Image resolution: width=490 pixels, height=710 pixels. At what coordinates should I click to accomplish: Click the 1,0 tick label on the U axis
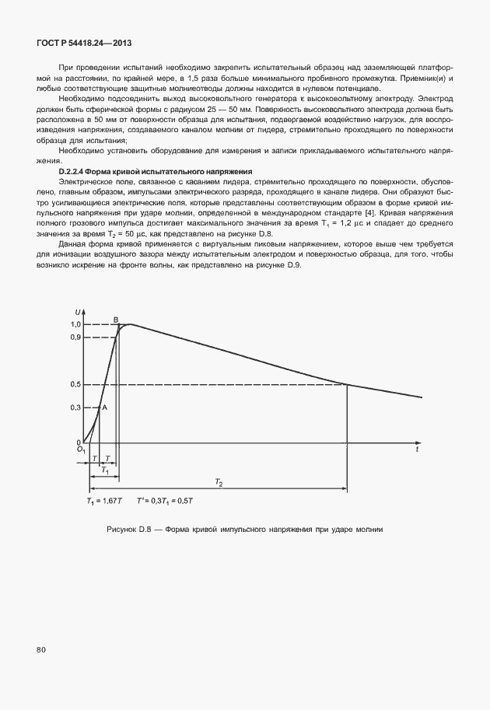75,324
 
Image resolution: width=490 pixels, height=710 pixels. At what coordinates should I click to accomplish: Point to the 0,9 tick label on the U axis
75,337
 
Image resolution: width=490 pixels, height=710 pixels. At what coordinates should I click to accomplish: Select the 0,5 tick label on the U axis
75,384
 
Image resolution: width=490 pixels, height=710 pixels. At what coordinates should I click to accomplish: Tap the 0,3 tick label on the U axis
75,407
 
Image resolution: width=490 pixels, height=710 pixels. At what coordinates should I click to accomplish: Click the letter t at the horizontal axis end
417,450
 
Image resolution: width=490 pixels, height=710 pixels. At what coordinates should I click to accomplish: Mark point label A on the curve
104,407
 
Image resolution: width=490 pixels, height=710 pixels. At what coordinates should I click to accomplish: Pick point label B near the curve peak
116,320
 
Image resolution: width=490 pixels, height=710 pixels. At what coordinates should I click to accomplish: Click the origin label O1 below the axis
79,450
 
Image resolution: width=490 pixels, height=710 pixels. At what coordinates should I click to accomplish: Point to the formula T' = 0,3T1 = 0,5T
165,502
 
